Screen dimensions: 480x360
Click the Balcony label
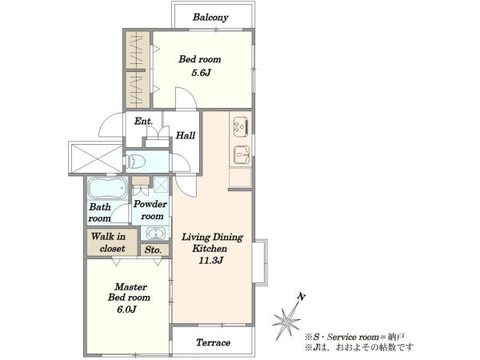210,17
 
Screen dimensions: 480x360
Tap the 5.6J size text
201,73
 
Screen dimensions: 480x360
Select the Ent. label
143,122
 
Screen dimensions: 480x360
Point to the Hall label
186,135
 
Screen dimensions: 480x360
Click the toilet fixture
135,161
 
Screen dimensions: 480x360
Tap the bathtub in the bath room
108,188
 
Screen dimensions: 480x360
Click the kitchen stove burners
241,126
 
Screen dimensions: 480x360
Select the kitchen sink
242,154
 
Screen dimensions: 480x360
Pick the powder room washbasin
156,234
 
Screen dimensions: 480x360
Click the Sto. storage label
153,250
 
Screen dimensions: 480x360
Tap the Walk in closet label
109,242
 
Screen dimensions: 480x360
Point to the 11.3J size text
211,261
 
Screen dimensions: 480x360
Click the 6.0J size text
126,310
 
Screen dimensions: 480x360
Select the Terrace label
214,342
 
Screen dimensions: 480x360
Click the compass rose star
286,321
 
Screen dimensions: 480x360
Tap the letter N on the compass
302,297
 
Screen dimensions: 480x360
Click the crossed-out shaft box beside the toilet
97,158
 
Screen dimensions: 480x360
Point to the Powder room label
150,210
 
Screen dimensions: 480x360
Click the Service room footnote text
354,337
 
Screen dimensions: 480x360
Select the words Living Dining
213,238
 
